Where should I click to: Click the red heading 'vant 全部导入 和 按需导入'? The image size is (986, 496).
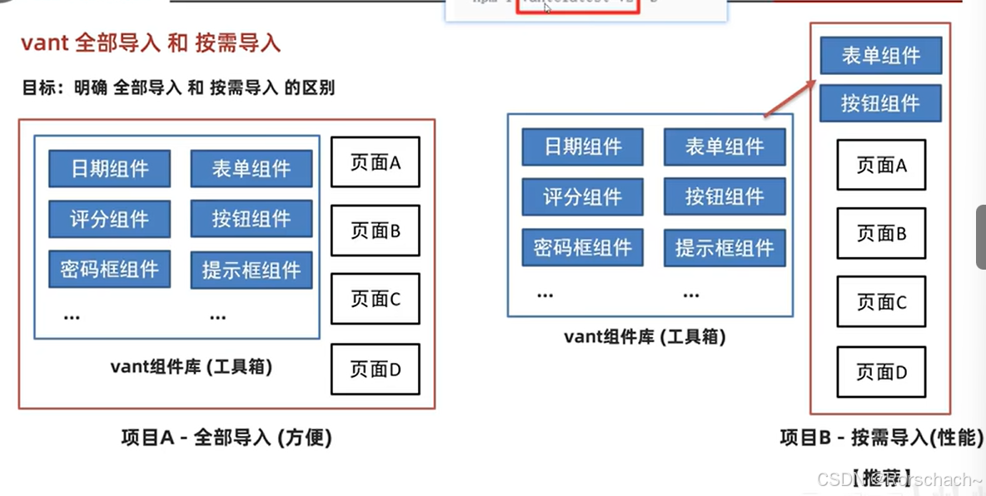point(151,43)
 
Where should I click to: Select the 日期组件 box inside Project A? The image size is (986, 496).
point(109,168)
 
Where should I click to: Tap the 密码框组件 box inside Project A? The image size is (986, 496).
point(109,269)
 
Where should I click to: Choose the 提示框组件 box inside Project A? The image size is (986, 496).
point(251,270)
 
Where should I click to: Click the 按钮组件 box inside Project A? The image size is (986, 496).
point(251,219)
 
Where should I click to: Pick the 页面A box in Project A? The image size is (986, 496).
point(375,162)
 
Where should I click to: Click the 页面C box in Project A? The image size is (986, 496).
point(375,299)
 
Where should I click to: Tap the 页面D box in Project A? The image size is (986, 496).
point(375,369)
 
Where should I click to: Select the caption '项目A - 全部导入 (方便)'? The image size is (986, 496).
point(226,438)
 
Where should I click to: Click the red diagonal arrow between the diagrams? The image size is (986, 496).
point(788,98)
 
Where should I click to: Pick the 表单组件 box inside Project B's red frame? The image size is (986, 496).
point(880,56)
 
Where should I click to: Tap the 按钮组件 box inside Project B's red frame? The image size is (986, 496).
point(880,103)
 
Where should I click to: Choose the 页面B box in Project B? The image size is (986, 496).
point(880,234)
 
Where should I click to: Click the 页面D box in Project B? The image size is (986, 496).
point(880,372)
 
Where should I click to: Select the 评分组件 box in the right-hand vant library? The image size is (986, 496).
point(582,197)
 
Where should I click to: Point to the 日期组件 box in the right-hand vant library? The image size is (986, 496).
point(582,147)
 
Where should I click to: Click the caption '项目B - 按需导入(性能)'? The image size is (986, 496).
point(881,438)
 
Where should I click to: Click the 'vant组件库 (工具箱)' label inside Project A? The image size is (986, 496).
point(191,366)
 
